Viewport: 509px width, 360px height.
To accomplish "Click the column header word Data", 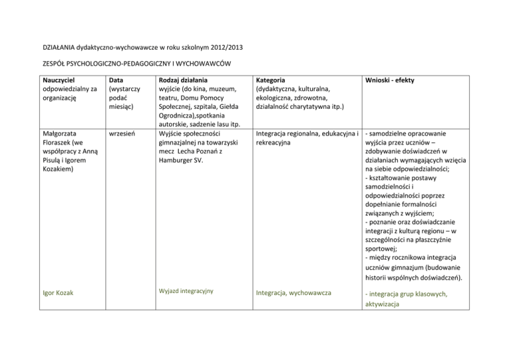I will point(118,80).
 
